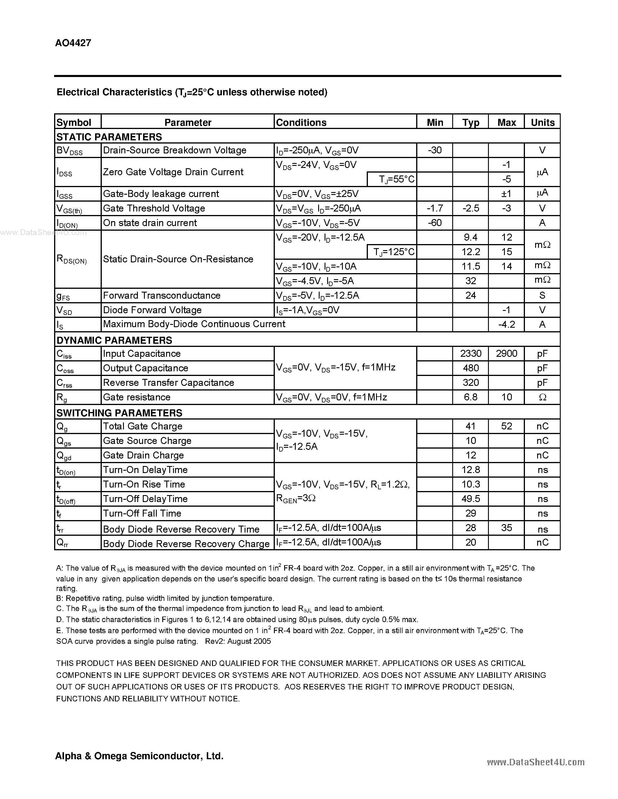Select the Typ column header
(471, 123)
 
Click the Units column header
(542, 123)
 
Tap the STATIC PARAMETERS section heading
(109, 137)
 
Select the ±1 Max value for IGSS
(506, 194)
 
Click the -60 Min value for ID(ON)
(434, 223)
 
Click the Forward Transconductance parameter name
(161, 295)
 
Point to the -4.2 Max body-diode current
(506, 325)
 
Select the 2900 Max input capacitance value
(506, 353)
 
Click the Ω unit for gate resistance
(542, 397)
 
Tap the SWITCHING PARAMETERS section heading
(119, 413)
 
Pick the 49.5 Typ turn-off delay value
(471, 499)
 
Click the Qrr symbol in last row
(62, 544)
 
